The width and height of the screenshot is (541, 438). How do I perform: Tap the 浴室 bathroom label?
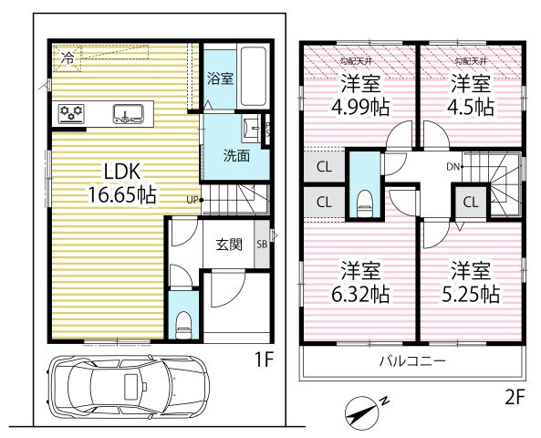pos(221,78)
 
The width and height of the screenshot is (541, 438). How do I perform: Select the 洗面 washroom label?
pos(237,155)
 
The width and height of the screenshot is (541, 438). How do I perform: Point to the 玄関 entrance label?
pos(228,245)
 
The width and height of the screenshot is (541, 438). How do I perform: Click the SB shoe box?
pos(262,245)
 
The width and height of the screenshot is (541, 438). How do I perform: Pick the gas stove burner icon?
pos(71,114)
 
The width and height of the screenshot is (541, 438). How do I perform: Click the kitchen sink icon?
pos(127,114)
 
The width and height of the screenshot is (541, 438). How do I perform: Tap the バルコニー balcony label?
pos(412,361)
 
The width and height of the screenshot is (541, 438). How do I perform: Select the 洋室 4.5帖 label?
pos(472,95)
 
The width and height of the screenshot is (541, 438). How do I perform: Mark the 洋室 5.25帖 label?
pos(472,282)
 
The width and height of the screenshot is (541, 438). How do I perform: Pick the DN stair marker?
pos(453,167)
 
